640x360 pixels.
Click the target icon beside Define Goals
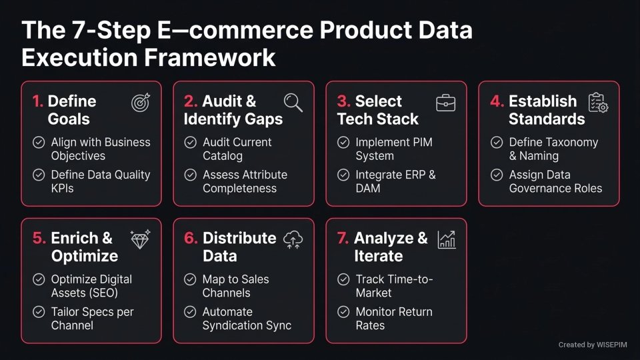141,103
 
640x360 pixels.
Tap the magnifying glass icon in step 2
293,103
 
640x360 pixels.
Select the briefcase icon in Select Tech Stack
445,103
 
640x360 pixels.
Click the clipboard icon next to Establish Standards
598,103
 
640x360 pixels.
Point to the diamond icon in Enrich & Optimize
141,239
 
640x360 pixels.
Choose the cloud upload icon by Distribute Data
293,239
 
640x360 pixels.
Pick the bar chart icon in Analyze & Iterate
446,239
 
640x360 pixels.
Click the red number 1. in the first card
38,101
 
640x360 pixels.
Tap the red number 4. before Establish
497,101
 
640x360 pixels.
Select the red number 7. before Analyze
343,238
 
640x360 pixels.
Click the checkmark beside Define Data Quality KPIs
39,175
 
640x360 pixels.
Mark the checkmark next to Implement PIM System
343,143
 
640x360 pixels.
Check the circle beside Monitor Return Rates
343,312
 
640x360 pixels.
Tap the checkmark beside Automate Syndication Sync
191,312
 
